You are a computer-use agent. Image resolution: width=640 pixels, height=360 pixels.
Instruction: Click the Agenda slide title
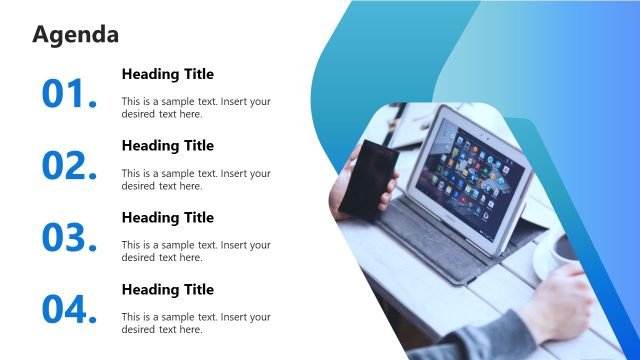pyautogui.click(x=76, y=35)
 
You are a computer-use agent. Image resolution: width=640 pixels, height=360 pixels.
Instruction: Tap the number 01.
pyautogui.click(x=69, y=93)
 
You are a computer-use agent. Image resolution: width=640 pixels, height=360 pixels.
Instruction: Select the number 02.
pyautogui.click(x=69, y=165)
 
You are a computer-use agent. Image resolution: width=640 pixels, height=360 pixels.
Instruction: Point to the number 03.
pyautogui.click(x=69, y=237)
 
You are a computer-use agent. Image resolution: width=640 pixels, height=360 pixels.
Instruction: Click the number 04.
pyautogui.click(x=69, y=309)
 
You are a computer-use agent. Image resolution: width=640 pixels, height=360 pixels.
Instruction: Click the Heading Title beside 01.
pyautogui.click(x=167, y=74)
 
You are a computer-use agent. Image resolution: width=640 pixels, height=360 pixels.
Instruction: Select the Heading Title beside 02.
pyautogui.click(x=167, y=146)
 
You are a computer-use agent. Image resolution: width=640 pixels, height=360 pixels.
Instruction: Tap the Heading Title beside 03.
pyautogui.click(x=167, y=218)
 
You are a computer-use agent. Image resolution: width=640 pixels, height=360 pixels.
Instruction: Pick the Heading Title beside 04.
pyautogui.click(x=167, y=290)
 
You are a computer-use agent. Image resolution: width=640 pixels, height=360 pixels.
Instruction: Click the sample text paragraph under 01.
pyautogui.click(x=195, y=107)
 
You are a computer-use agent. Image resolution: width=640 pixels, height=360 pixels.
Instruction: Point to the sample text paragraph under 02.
pyautogui.click(x=195, y=179)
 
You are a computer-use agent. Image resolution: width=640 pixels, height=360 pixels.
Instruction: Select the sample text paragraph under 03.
pyautogui.click(x=195, y=251)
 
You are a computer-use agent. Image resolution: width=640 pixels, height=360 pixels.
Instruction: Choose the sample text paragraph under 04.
pyautogui.click(x=195, y=323)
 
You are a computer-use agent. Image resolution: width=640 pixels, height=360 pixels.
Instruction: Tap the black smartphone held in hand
pyautogui.click(x=366, y=180)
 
